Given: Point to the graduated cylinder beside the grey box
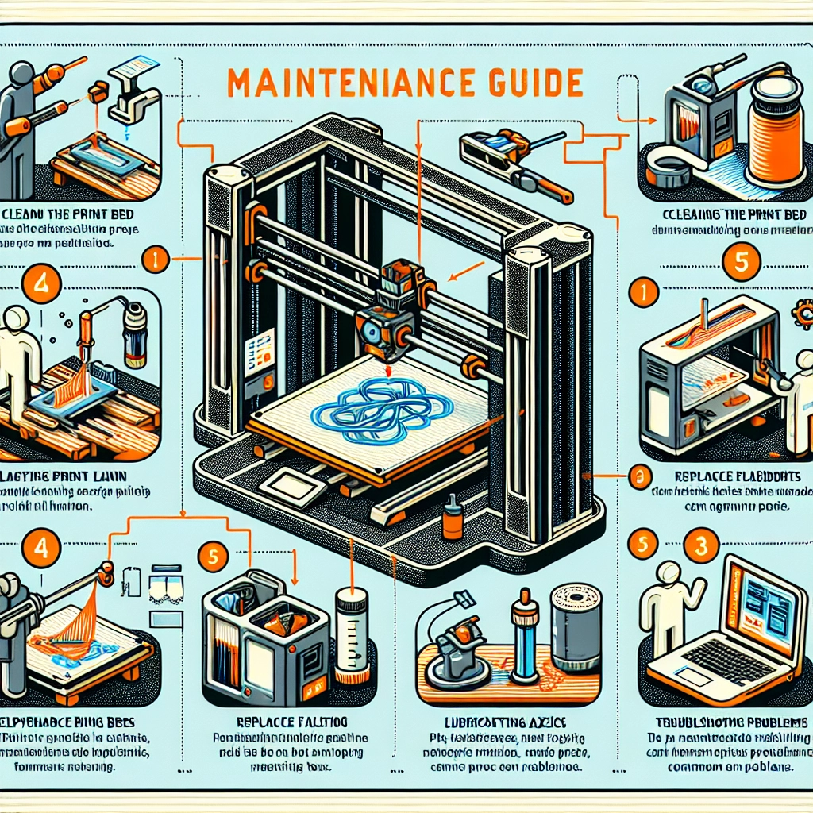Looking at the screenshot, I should (x=349, y=635).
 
